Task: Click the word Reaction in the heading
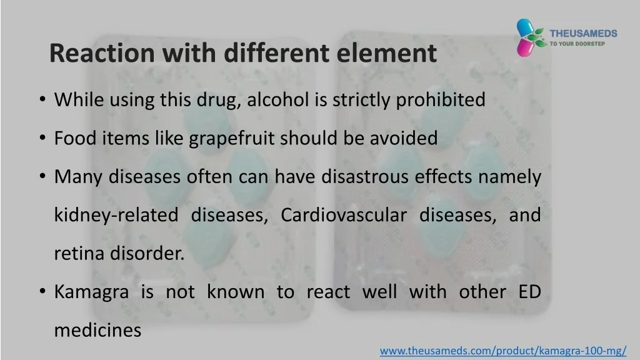pos(102,53)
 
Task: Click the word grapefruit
pos(232,139)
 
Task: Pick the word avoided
pos(404,138)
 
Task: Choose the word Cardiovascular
pos(344,215)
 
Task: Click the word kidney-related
pos(116,216)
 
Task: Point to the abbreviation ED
pos(530,292)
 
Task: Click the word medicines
pos(98,330)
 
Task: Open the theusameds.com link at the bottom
pos(503,351)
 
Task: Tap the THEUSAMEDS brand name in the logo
pos(583,34)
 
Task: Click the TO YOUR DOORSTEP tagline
pos(577,44)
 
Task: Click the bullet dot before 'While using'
pos(42,100)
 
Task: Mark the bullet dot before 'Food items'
pos(42,138)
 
